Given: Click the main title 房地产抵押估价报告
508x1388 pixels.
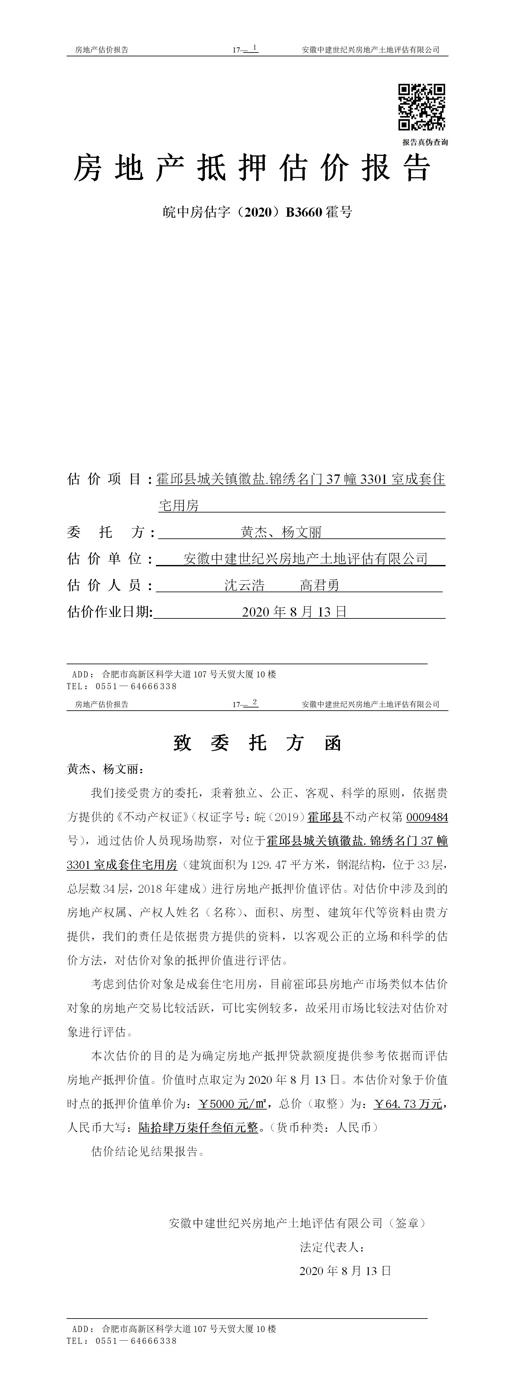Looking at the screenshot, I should coord(252,167).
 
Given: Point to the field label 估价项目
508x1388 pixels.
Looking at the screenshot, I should coord(105,479).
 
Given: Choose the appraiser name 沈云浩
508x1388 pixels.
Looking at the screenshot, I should coord(245,585).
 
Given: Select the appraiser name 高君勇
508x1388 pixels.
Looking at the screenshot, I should coord(319,585).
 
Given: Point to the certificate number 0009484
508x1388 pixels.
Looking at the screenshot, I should coord(427,817).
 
